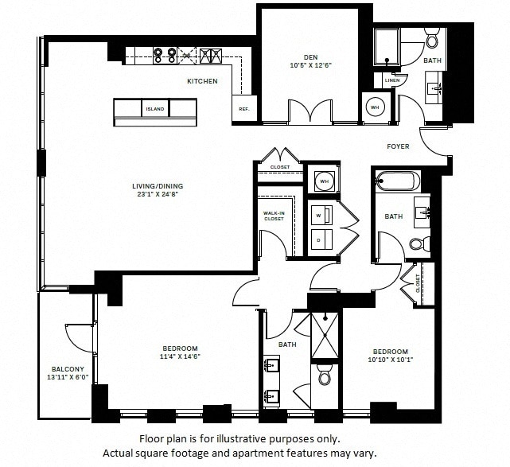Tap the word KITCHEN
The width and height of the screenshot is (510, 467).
[x=201, y=81]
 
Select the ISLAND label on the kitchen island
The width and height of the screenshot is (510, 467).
[x=154, y=108]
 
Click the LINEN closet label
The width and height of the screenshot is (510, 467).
[x=392, y=80]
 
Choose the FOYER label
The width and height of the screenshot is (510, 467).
[x=398, y=146]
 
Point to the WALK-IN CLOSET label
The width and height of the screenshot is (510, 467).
[x=274, y=216]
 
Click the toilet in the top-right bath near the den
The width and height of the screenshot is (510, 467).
[x=433, y=39]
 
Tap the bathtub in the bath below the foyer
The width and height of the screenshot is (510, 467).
[x=394, y=181]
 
